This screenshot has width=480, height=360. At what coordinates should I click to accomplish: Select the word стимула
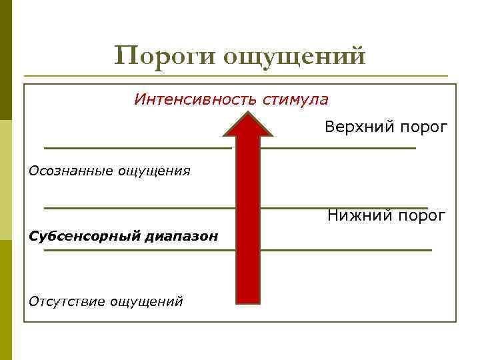[295, 100]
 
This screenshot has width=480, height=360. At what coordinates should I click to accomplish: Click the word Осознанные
[71, 171]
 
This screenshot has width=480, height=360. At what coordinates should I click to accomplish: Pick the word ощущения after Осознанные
[155, 172]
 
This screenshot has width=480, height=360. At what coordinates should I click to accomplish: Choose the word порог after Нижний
[420, 216]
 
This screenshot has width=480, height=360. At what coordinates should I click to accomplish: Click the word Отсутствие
[67, 301]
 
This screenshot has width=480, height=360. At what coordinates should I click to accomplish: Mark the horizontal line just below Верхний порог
[337, 147]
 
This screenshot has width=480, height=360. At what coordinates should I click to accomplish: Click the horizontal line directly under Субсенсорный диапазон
[133, 251]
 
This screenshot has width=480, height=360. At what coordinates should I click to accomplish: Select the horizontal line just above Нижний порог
[343, 208]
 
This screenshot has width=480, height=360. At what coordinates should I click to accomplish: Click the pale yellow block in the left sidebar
[6, 180]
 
